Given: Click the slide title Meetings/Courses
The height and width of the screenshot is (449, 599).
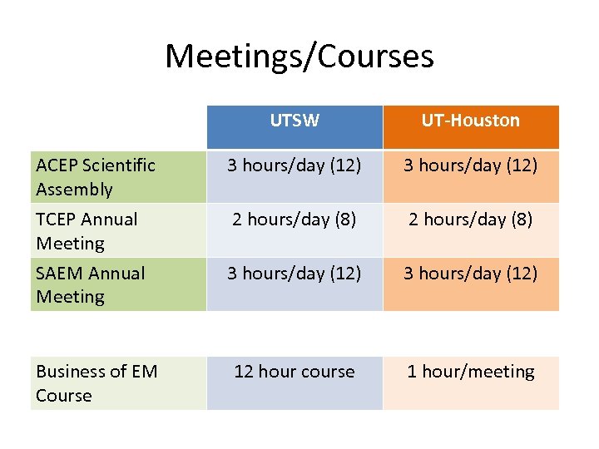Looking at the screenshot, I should (299, 57).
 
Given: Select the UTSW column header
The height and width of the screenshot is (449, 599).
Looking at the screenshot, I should (295, 121).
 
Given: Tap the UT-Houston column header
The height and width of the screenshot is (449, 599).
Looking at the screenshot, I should (470, 121).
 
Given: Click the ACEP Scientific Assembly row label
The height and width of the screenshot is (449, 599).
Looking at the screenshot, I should (95, 177).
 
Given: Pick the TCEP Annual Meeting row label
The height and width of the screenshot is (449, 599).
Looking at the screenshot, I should (87, 231).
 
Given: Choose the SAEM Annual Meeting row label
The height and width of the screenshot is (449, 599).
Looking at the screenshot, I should (90, 285).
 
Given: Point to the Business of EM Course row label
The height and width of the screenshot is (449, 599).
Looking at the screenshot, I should (96, 383).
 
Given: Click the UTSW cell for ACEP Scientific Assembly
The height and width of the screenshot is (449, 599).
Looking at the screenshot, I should (295, 165).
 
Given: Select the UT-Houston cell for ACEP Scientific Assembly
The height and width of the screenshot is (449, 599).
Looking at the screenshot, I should (470, 165).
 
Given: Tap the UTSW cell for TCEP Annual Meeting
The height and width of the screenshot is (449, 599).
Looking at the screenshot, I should (295, 220).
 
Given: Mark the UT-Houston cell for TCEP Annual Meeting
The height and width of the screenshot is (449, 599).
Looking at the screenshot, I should (470, 220).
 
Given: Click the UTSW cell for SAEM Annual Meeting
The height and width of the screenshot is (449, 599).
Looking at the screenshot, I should (295, 274).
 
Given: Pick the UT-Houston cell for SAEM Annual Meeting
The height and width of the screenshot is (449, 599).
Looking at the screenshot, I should (470, 274).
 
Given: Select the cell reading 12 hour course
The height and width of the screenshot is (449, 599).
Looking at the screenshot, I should (295, 372).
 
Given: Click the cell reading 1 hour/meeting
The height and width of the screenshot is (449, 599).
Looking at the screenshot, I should (470, 372).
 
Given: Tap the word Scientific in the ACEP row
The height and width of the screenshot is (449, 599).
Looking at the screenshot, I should (119, 165).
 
